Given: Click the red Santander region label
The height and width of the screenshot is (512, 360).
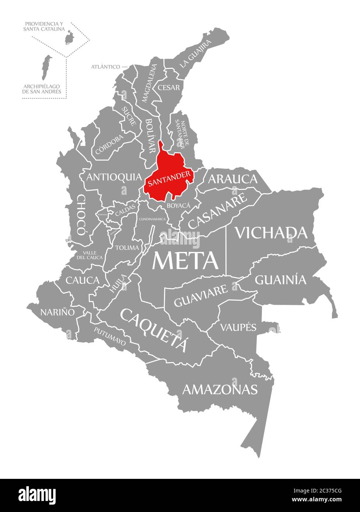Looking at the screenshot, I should (x=169, y=178).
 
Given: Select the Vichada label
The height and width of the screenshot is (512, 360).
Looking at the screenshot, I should (x=271, y=233).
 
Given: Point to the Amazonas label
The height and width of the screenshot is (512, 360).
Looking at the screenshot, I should (x=220, y=389).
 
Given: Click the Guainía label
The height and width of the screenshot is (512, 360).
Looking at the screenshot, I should (x=281, y=280).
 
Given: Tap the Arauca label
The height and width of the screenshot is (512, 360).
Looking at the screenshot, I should (x=233, y=179).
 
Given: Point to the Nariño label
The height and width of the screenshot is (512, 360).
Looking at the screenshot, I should (x=57, y=312).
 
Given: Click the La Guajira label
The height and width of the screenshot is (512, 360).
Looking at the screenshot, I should (x=196, y=54).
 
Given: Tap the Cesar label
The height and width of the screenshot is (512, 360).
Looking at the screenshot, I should (x=169, y=88).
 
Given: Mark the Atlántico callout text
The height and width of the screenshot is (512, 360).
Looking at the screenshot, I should (x=105, y=67).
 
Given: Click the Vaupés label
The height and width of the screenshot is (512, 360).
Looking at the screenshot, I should (x=238, y=327).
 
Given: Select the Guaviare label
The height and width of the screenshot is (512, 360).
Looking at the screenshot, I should (x=201, y=295).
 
